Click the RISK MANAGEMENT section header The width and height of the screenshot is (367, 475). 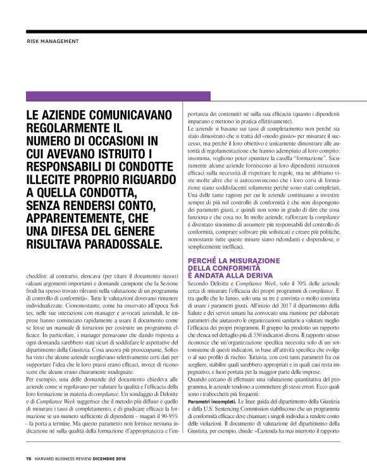click(x=53, y=42)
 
